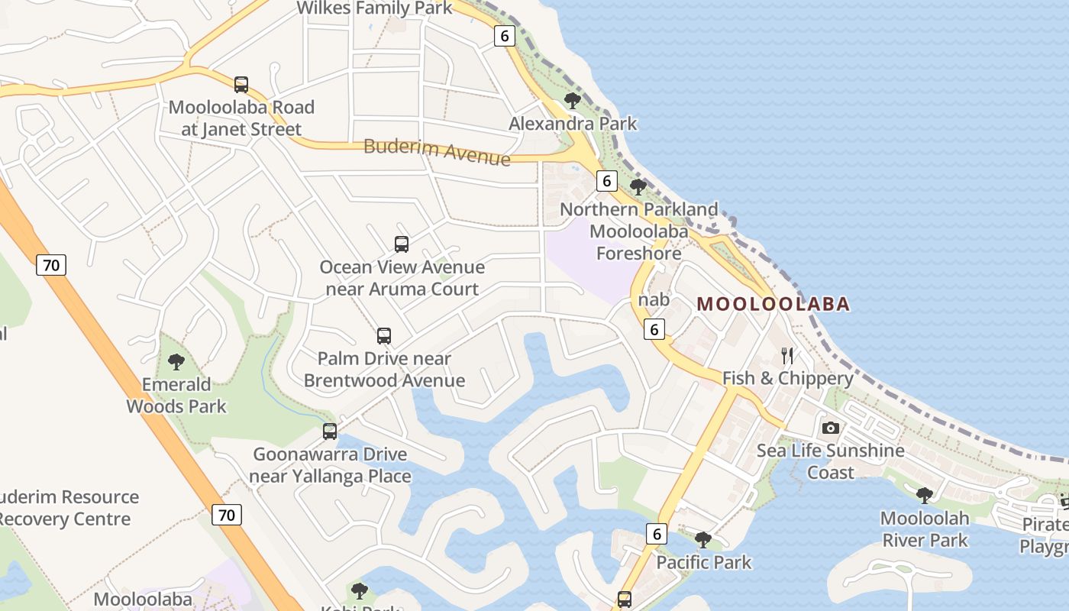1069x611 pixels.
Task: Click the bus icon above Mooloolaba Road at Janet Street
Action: click(241, 85)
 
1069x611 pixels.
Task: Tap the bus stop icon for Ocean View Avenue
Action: click(402, 244)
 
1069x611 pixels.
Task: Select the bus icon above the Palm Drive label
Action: click(384, 336)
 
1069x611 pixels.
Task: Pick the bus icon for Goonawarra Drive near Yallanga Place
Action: click(330, 432)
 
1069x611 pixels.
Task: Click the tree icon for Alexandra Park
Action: click(572, 100)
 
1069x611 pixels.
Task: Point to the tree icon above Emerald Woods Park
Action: click(176, 361)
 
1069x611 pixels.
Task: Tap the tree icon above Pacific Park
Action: click(703, 540)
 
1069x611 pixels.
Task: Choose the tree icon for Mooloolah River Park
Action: click(925, 495)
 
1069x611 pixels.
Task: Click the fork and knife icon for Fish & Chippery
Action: click(787, 356)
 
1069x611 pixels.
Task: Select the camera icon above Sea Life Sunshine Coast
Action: click(831, 428)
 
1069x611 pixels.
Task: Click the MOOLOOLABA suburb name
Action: click(773, 304)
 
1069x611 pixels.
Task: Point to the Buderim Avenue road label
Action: click(437, 151)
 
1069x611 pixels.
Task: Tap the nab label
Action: click(654, 299)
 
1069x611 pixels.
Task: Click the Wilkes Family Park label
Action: click(374, 8)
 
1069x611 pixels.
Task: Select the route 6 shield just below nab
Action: click(654, 329)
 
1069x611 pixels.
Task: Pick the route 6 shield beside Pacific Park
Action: click(656, 534)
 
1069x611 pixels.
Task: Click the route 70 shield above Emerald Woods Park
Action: click(51, 265)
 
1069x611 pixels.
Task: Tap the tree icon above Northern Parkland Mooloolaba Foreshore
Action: click(638, 186)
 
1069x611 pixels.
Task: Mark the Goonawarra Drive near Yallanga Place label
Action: click(331, 465)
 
